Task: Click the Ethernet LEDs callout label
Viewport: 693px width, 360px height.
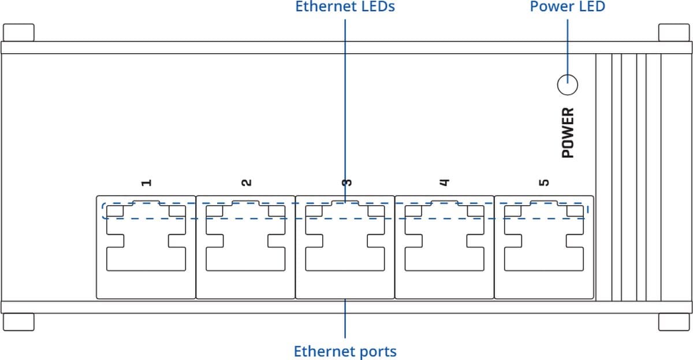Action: [345, 8]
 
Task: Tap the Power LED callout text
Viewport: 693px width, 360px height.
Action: [567, 7]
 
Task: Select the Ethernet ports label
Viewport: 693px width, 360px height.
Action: [345, 351]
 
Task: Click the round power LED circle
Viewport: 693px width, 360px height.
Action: [568, 86]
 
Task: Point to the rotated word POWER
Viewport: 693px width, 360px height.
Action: [568, 132]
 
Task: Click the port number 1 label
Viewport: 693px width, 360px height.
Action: [147, 183]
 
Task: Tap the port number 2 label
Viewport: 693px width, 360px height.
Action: [246, 183]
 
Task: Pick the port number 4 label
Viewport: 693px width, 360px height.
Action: [444, 183]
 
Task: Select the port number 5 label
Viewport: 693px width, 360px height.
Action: [543, 183]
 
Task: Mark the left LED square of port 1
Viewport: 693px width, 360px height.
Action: [116, 211]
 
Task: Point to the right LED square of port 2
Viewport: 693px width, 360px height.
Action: [277, 211]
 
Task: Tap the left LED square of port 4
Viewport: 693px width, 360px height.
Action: [413, 211]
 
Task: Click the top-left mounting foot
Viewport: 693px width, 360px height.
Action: [18, 32]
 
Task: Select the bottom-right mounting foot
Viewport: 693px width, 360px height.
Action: [675, 321]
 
